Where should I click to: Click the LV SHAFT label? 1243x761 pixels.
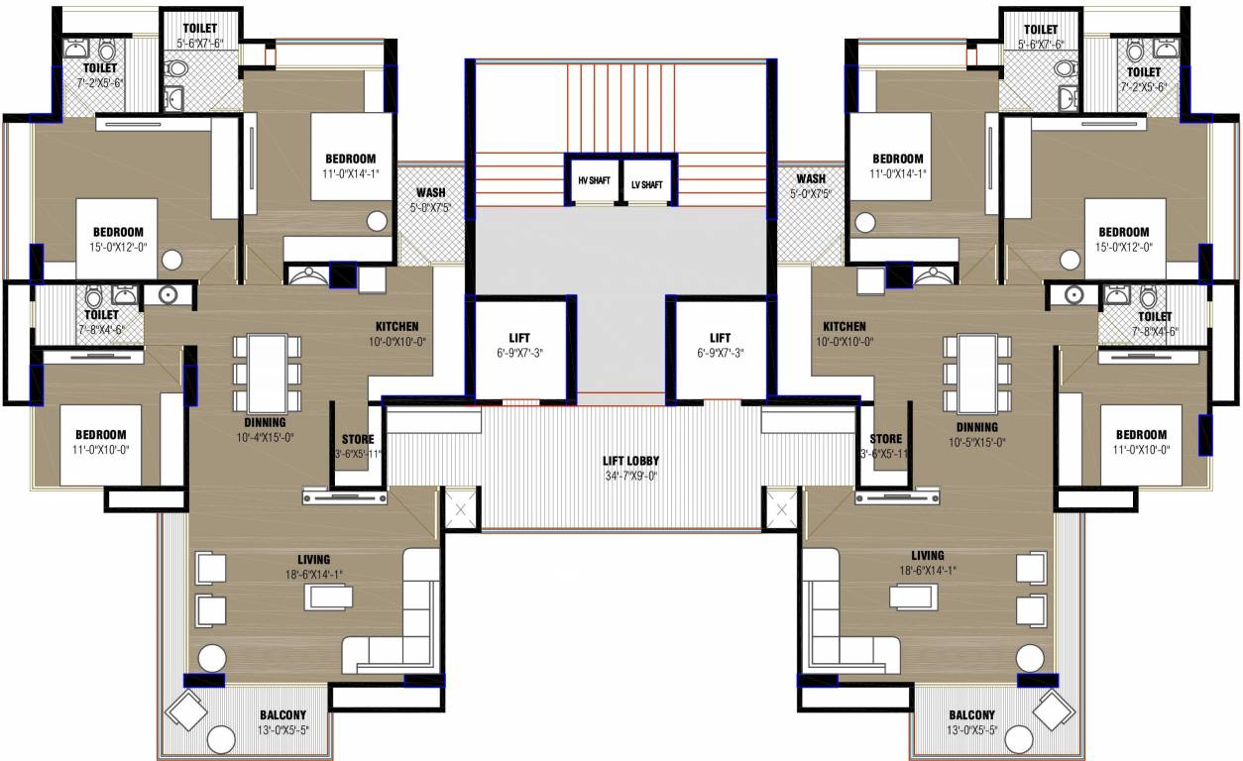(646, 183)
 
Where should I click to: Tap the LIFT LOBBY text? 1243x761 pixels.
(630, 461)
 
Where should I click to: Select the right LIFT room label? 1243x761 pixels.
(720, 338)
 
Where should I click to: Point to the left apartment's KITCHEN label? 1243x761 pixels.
(396, 326)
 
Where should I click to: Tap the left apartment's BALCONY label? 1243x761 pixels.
(282, 714)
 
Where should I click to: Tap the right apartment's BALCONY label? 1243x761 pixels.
(971, 714)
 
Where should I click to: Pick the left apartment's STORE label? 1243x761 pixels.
(357, 439)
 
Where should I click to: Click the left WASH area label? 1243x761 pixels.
(429, 192)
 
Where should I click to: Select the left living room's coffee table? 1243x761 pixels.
(330, 597)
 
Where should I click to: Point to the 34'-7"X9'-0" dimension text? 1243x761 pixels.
(630, 476)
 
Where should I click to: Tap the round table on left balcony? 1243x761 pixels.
(220, 740)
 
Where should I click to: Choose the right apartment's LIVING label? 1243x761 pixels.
(928, 555)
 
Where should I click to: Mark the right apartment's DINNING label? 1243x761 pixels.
(976, 428)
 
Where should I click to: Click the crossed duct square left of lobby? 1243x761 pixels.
(460, 510)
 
